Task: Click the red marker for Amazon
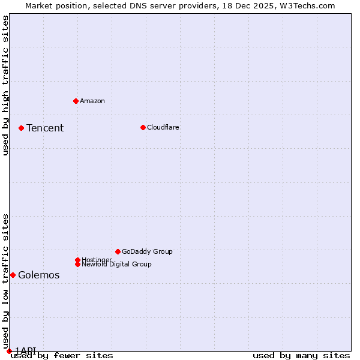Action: pyautogui.click(x=76, y=101)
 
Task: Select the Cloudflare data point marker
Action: pyautogui.click(x=143, y=127)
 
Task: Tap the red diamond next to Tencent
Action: pyautogui.click(x=21, y=128)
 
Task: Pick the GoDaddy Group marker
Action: pyautogui.click(x=118, y=251)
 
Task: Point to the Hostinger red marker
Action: pyautogui.click(x=77, y=260)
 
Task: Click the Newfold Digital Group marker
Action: pyautogui.click(x=77, y=264)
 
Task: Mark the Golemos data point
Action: pyautogui.click(x=13, y=275)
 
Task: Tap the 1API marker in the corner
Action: pyautogui.click(x=9, y=351)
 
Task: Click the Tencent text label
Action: pyautogui.click(x=45, y=128)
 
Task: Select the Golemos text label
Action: pyautogui.click(x=39, y=275)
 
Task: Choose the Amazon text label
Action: pyautogui.click(x=92, y=101)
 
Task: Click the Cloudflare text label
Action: pyautogui.click(x=163, y=127)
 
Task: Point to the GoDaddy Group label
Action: pyautogui.click(x=147, y=251)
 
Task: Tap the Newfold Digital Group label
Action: pyautogui.click(x=117, y=265)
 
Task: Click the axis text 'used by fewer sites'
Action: pyautogui.click(x=62, y=356)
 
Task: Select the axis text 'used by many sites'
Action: pyautogui.click(x=301, y=356)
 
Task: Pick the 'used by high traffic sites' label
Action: pyautogui.click(x=6, y=85)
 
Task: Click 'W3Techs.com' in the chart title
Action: pyautogui.click(x=310, y=5)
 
